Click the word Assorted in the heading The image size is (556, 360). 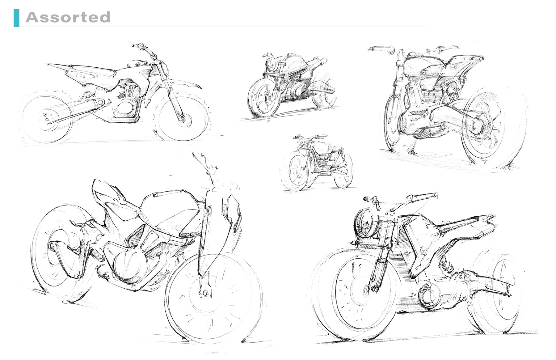(68, 17)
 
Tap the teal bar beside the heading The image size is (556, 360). (16, 18)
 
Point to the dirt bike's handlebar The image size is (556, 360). (145, 49)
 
